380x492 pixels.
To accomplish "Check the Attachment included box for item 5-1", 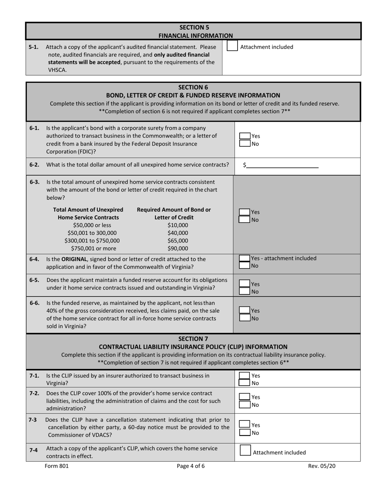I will coord(232,46).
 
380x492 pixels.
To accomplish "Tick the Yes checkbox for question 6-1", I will coord(245,136).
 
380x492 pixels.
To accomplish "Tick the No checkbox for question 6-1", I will coord(245,144).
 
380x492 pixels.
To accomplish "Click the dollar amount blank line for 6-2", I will coord(282,165).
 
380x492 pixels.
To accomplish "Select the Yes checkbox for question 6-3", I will coord(245,212).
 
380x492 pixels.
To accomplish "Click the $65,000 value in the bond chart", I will coord(178,240).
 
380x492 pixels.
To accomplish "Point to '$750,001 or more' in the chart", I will coord(92,248).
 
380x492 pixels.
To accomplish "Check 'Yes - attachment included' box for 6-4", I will coord(245,258).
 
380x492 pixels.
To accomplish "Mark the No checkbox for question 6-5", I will coord(245,292).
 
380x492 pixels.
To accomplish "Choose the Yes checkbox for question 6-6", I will coord(245,310).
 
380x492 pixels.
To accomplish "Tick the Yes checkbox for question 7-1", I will coord(245,376).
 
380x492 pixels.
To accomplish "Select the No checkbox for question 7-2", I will coord(245,405).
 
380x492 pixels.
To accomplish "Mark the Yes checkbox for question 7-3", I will coord(245,425).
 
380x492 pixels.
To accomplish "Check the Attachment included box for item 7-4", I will coord(245,450).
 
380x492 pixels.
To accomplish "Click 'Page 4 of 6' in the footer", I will coord(190,466).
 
